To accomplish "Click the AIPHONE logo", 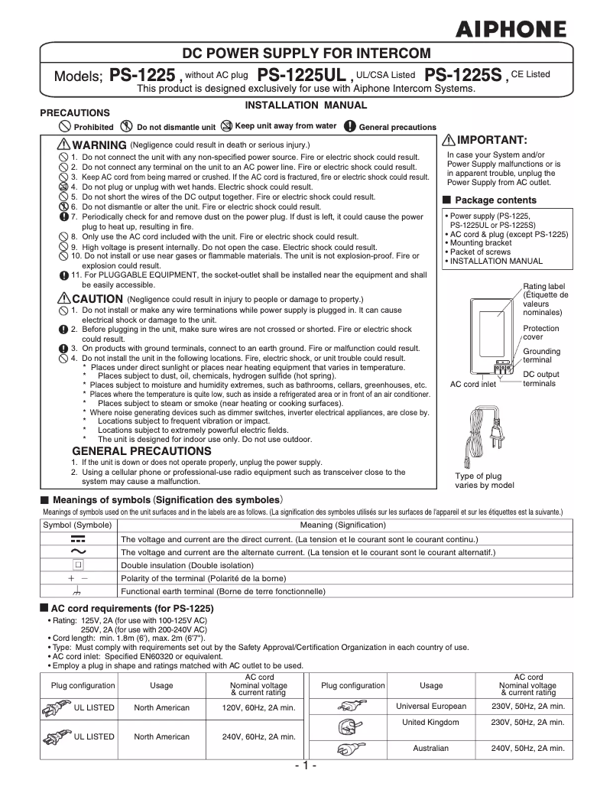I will tap(511, 30).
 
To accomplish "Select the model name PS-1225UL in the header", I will tap(302, 76).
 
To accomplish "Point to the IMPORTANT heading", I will tap(491, 140).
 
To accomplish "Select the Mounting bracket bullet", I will tap(479, 243).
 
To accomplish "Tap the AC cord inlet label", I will tap(472, 384).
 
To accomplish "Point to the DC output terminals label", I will tap(540, 379).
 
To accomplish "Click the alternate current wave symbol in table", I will tap(77, 551).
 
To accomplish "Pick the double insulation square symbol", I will tap(77, 565).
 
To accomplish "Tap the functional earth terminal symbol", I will tap(77, 592).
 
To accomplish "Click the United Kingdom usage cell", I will tap(431, 722).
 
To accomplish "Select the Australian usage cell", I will tap(431, 748).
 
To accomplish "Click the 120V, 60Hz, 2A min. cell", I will tap(258, 708).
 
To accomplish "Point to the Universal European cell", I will tap(431, 706).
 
